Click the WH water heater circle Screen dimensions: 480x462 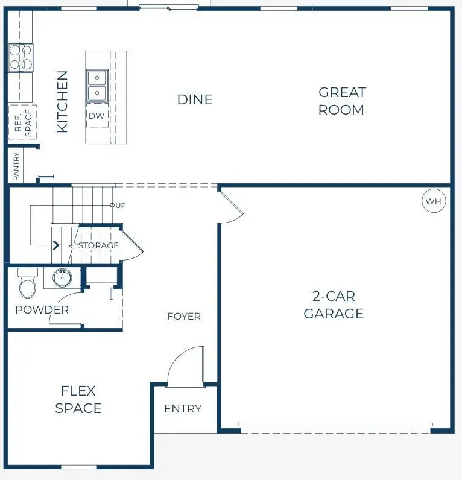point(434,201)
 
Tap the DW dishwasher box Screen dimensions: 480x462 point(97,115)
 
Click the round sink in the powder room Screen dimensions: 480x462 point(62,278)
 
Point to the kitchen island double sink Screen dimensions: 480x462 point(97,86)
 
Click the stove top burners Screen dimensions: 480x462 point(20,57)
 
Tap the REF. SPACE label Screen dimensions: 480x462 point(23,121)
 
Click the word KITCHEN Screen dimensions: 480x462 point(62,101)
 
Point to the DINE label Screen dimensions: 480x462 point(195,99)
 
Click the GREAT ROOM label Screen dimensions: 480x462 point(342,101)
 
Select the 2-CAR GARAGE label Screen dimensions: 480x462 point(334,305)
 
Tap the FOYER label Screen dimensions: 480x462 point(184,316)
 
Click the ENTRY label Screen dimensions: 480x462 point(183,408)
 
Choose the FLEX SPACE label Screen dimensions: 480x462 point(78,399)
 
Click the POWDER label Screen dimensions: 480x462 point(42,309)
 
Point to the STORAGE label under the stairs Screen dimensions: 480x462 point(98,245)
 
